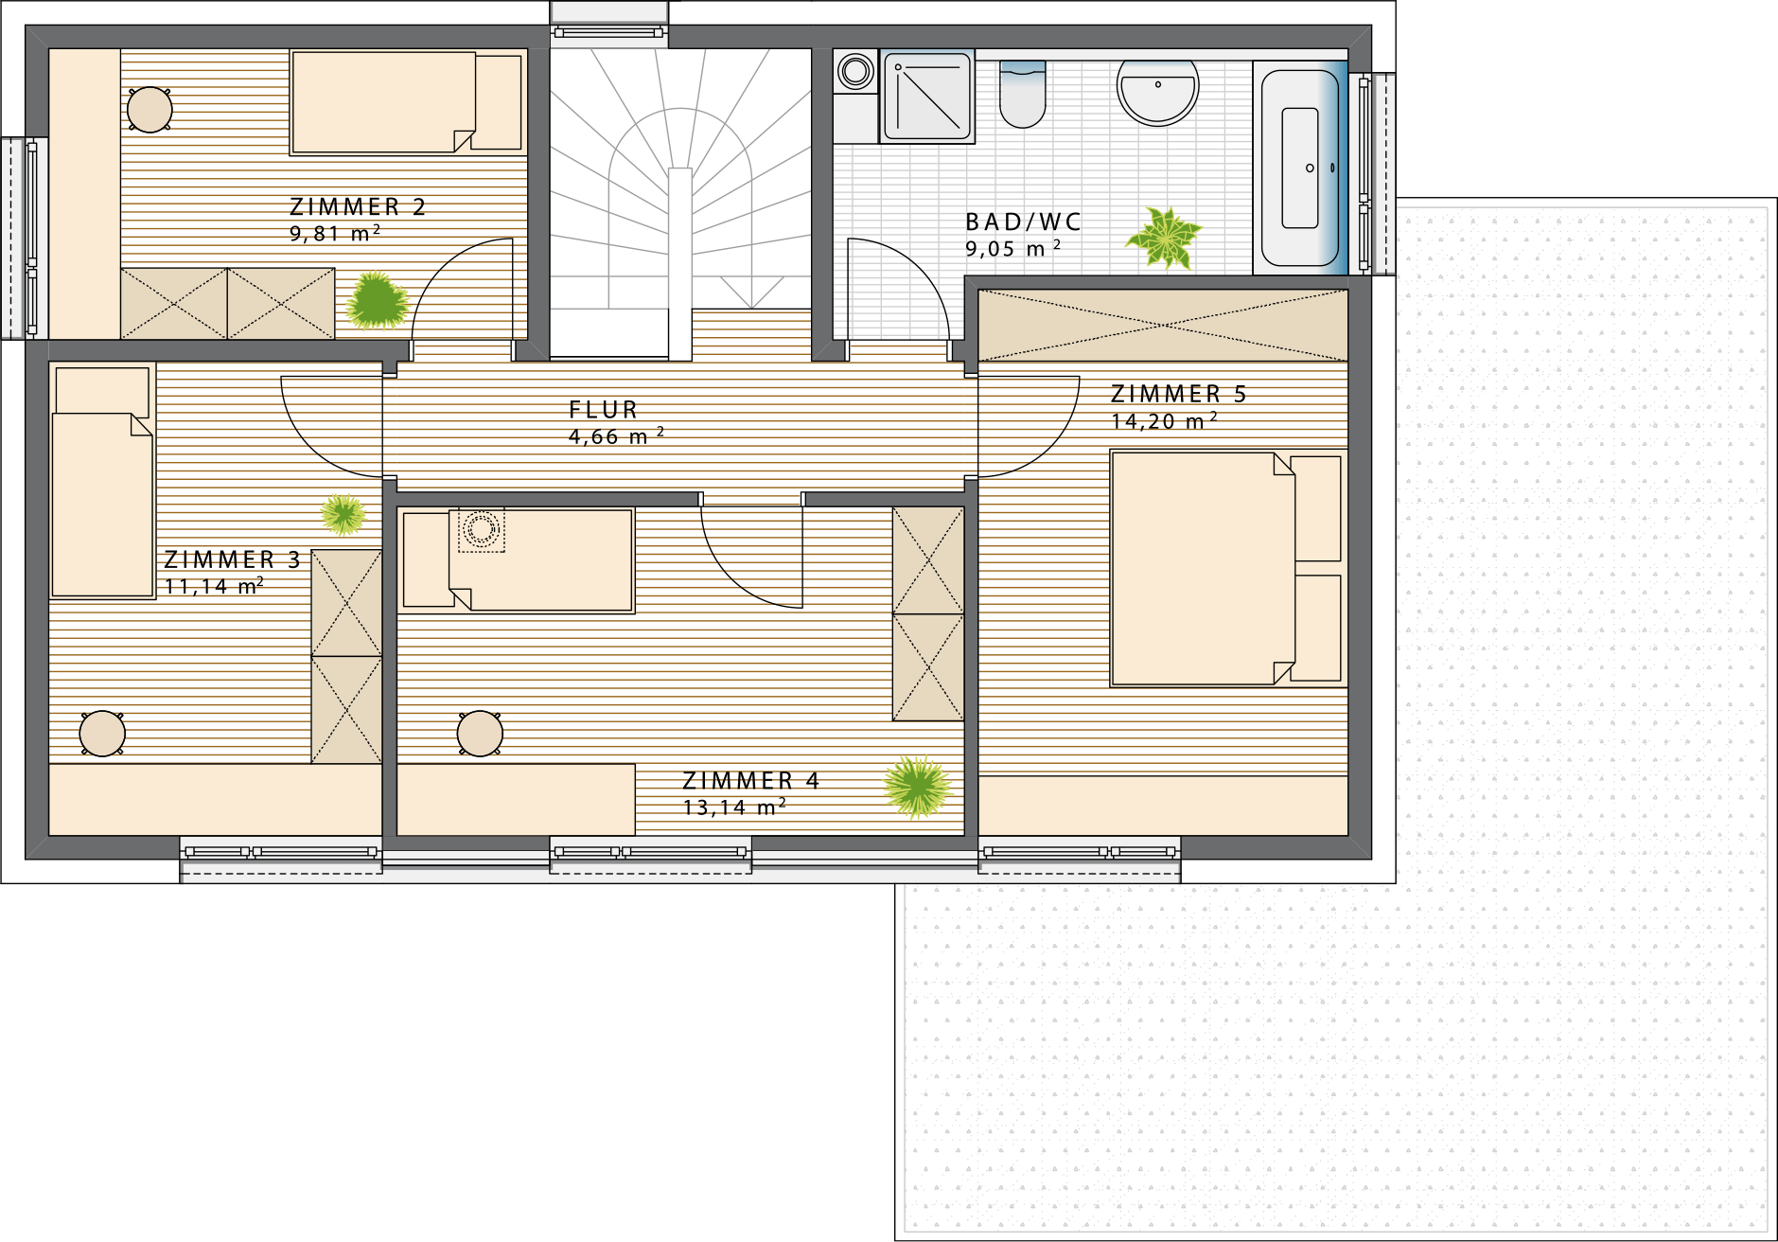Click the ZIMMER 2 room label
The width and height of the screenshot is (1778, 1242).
(358, 206)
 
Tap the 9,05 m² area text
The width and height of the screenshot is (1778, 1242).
(1013, 248)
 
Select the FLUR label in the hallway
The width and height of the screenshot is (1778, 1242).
(604, 410)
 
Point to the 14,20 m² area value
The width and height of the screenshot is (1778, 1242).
(1164, 420)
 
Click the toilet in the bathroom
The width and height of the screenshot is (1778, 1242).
(1022, 94)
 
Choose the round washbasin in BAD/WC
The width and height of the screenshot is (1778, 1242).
(1157, 92)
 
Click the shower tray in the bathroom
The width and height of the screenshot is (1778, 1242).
(927, 97)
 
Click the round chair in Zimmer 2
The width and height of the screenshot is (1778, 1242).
(150, 110)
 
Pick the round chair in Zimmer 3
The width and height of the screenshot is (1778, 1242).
(102, 734)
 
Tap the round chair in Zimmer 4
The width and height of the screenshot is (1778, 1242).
(480, 734)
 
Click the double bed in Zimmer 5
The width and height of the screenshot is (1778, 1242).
(1227, 568)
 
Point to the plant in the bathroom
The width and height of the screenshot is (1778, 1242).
(1165, 237)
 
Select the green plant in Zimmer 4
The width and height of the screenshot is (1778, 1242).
(917, 787)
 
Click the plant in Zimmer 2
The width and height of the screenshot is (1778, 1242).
(377, 301)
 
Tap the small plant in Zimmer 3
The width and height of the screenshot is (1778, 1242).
(343, 514)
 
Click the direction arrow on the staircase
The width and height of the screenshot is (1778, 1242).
(751, 293)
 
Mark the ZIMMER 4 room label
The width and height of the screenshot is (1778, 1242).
(751, 780)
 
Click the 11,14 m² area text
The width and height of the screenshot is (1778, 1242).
(214, 587)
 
